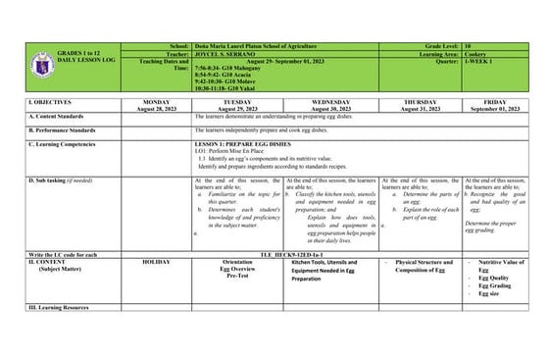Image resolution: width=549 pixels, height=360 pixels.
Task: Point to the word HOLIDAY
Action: point(161,263)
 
